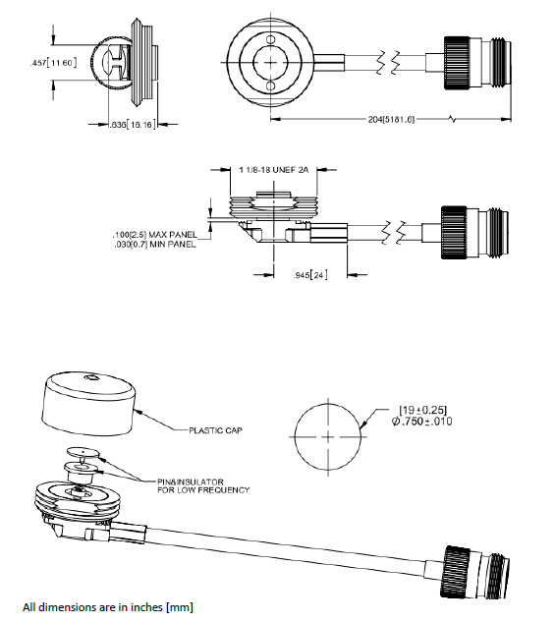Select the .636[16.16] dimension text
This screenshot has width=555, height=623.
(x=130, y=126)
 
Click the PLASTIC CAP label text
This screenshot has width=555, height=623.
(x=217, y=429)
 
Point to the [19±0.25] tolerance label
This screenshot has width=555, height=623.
(x=422, y=409)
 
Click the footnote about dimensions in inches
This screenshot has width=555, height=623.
(x=108, y=607)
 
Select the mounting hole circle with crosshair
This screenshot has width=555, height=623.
(x=326, y=432)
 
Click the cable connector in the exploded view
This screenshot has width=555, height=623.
(x=476, y=570)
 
